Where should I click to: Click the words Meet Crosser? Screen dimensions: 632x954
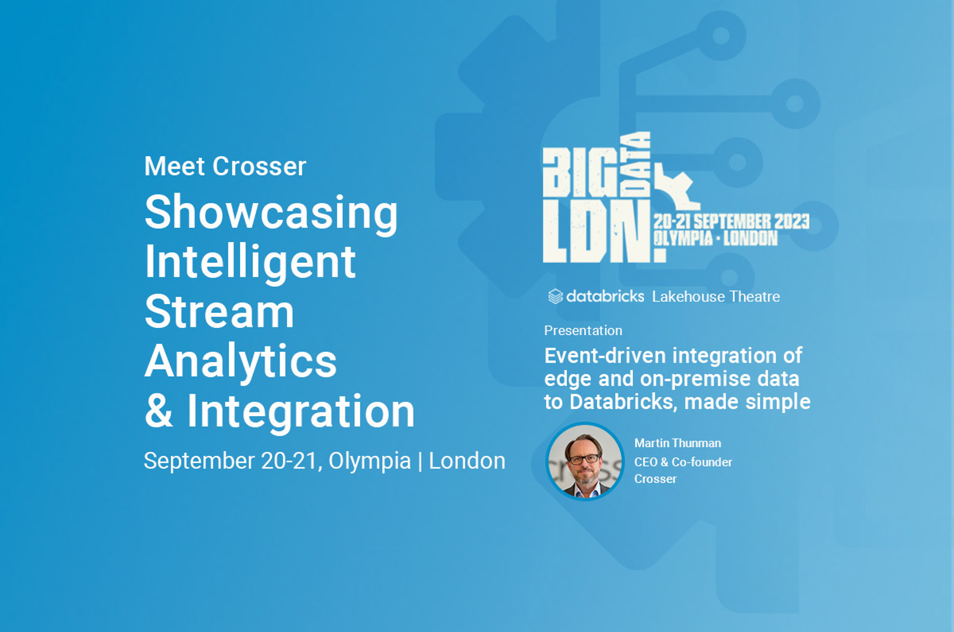225,166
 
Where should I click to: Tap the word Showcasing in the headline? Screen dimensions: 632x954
271,213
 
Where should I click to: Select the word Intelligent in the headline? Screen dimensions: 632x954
250,262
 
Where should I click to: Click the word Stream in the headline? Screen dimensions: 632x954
219,312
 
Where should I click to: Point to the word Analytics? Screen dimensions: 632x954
240,361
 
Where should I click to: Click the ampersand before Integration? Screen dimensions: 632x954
159,411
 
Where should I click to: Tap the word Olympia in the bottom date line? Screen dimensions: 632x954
370,461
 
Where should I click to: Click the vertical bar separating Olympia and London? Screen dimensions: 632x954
420,461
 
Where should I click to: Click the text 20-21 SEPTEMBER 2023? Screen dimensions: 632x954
732,222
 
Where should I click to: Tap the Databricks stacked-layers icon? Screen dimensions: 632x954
555,296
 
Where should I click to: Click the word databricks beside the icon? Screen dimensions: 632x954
605,296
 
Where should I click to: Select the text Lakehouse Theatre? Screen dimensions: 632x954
715,296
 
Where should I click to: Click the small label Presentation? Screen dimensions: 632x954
583,330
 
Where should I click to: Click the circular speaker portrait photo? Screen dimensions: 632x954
584,461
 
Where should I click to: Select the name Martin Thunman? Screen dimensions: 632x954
677,443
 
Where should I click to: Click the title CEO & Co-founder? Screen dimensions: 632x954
683,462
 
